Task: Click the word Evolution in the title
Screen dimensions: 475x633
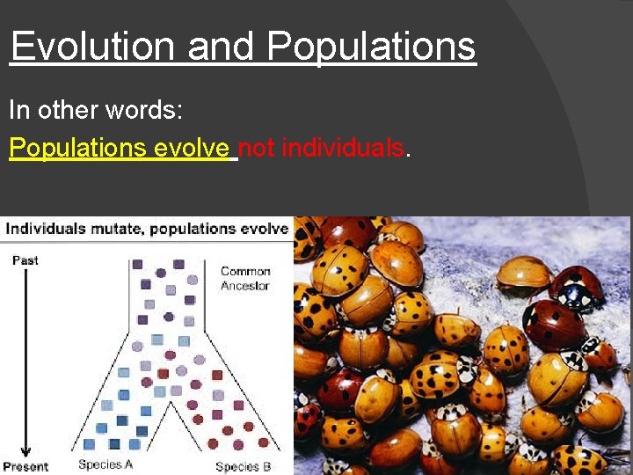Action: point(92,46)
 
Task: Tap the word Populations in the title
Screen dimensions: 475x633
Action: point(371,46)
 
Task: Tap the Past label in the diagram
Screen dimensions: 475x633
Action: point(25,260)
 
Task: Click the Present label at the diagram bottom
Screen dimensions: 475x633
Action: point(25,466)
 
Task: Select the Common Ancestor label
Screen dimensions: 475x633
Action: point(245,279)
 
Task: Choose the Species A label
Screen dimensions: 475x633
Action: point(105,464)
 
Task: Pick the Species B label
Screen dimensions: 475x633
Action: point(243,466)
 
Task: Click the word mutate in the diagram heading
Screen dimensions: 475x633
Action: point(118,229)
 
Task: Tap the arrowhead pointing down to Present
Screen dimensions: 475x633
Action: point(25,450)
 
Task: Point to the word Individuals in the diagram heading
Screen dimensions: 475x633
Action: point(47,229)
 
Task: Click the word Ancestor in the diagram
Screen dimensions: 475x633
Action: point(245,286)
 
